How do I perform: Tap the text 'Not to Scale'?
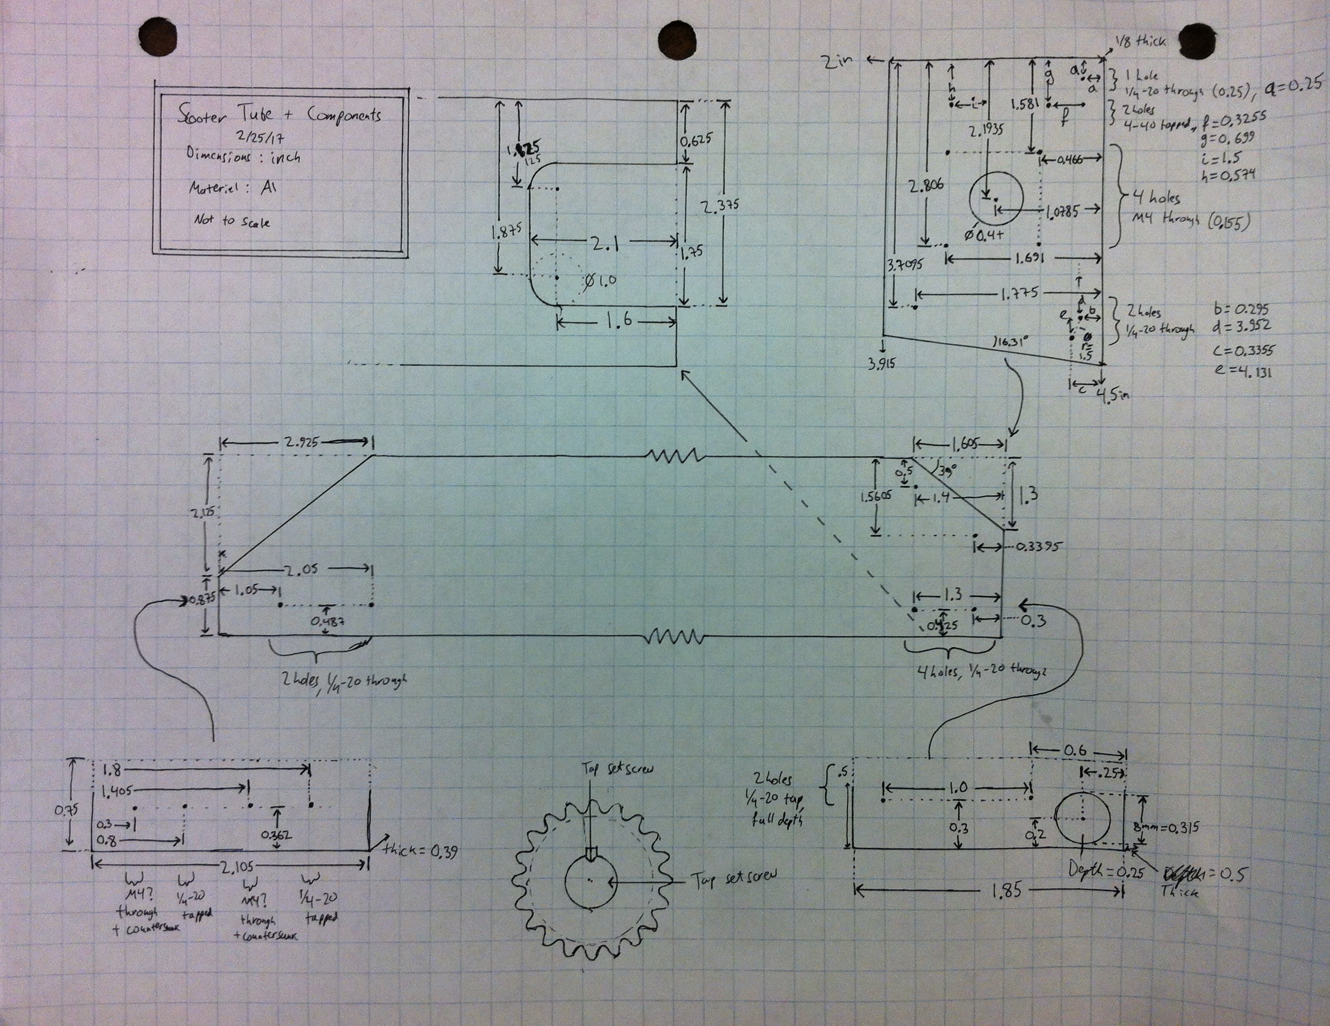pos(233,221)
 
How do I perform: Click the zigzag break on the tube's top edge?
pos(674,455)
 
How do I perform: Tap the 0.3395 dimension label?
pos(1036,547)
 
